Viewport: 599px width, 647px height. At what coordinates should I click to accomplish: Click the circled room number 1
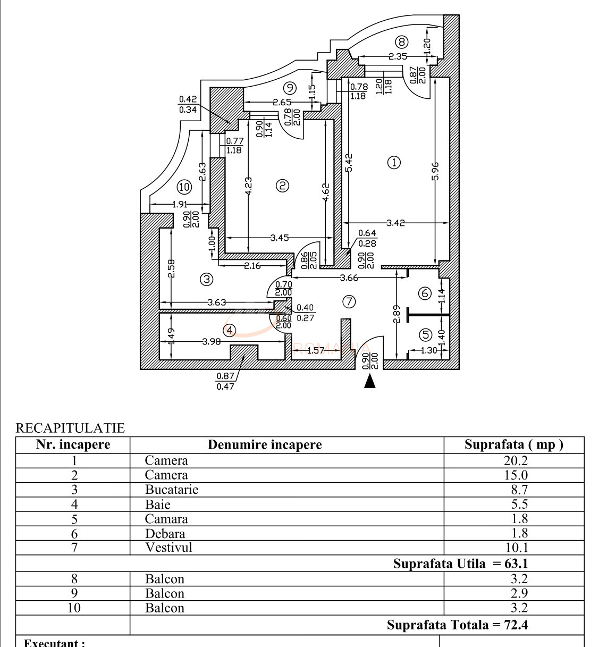pyautogui.click(x=394, y=162)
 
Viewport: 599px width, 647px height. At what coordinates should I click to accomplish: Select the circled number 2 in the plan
pyautogui.click(x=283, y=186)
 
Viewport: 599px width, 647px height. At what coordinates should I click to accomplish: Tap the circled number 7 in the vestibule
pyautogui.click(x=349, y=302)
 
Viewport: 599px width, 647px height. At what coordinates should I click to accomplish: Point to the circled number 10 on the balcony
pyautogui.click(x=184, y=187)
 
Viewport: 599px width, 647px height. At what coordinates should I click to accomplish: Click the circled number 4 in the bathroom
pyautogui.click(x=230, y=331)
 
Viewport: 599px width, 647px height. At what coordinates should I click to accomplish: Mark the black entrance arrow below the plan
pyautogui.click(x=370, y=381)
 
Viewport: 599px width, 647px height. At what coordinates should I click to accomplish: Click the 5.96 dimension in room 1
pyautogui.click(x=435, y=171)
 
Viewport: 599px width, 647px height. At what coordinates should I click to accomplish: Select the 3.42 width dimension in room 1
pyautogui.click(x=395, y=223)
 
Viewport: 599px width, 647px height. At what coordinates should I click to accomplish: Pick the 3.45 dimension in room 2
pyautogui.click(x=280, y=238)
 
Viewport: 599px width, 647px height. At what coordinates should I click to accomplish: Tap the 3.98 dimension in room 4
pyautogui.click(x=212, y=341)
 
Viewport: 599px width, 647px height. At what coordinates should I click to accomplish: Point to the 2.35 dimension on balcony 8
pyautogui.click(x=398, y=56)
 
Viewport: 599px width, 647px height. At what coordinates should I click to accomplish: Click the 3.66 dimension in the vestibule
pyautogui.click(x=349, y=278)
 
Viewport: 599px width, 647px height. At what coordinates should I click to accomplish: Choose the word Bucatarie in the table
pyautogui.click(x=172, y=490)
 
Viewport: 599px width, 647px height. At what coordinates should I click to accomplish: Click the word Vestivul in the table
pyautogui.click(x=168, y=548)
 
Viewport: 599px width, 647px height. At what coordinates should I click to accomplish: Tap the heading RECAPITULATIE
pyautogui.click(x=70, y=428)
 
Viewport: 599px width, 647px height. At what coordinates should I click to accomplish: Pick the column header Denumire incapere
pyautogui.click(x=265, y=445)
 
